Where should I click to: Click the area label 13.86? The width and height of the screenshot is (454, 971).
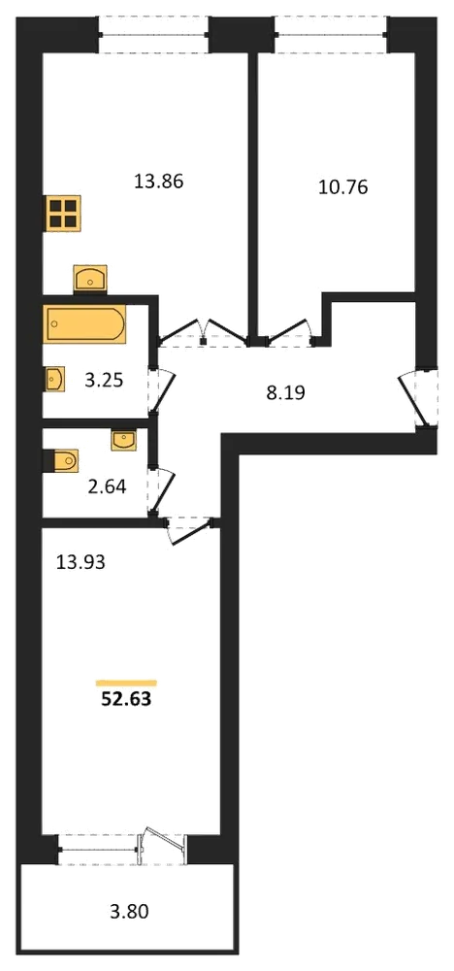tap(159, 183)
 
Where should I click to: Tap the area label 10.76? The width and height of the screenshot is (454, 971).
tap(342, 187)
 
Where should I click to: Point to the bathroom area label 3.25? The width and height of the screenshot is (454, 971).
tap(103, 381)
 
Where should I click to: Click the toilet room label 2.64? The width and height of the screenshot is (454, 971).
tap(107, 487)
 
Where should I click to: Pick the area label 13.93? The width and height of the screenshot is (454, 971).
tap(81, 562)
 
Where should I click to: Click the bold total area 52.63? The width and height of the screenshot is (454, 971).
tap(126, 700)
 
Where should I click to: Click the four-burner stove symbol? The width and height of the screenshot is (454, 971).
tap(62, 214)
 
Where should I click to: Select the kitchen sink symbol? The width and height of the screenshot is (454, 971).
tap(89, 279)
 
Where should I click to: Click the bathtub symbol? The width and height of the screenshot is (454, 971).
tap(84, 323)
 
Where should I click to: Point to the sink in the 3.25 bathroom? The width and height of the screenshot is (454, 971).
tap(54, 379)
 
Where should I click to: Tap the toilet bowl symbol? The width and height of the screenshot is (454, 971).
tap(60, 461)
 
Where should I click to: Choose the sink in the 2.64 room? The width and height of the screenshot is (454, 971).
tap(124, 440)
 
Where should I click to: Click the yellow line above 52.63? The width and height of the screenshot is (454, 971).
tap(126, 683)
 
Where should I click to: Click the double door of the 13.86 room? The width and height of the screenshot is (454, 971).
tap(204, 332)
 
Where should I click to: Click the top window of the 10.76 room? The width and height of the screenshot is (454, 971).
tap(331, 35)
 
